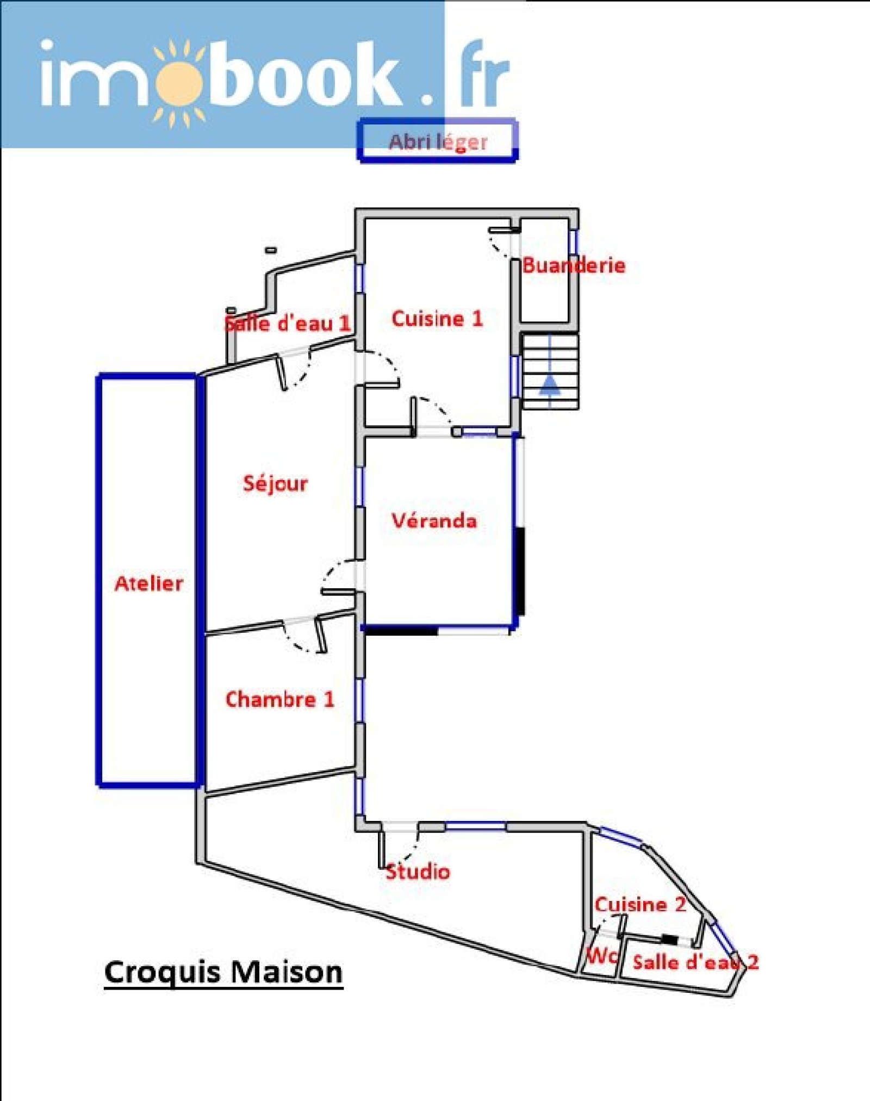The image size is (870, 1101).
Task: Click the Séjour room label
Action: point(275,483)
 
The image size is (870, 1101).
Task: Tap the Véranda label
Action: point(434,521)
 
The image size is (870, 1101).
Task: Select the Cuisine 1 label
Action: point(437,319)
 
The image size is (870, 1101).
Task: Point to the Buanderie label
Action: point(574,265)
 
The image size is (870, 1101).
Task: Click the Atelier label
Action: point(149,583)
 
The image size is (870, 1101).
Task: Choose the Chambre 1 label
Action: point(279,699)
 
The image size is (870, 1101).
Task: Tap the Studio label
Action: point(418,872)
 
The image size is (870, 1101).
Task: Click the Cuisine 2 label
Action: point(640,904)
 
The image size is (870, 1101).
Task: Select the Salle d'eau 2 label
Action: point(695,962)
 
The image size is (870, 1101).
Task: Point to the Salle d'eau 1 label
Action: point(287,324)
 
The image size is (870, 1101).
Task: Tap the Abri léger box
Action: point(438,141)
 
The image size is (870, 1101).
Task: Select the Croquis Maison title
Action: point(223,972)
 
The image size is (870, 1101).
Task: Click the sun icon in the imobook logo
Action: point(178,83)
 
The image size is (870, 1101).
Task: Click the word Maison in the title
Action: point(290,972)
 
